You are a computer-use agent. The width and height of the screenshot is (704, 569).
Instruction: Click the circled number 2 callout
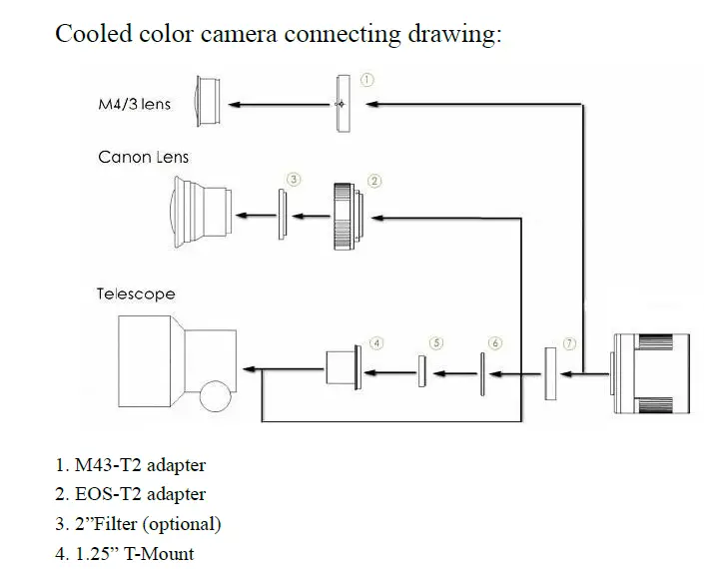375,181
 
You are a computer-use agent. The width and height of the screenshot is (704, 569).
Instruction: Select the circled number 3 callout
294,180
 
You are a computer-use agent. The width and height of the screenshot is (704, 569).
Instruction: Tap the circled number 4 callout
376,342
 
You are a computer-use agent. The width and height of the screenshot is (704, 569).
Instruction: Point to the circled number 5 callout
435,343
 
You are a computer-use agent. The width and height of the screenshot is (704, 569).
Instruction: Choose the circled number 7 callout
569,343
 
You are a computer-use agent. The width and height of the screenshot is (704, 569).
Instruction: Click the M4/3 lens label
134,104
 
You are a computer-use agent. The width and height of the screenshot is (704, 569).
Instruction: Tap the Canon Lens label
143,157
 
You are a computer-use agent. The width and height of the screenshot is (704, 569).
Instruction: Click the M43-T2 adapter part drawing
343,103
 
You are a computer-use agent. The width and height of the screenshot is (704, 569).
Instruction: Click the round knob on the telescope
216,395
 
